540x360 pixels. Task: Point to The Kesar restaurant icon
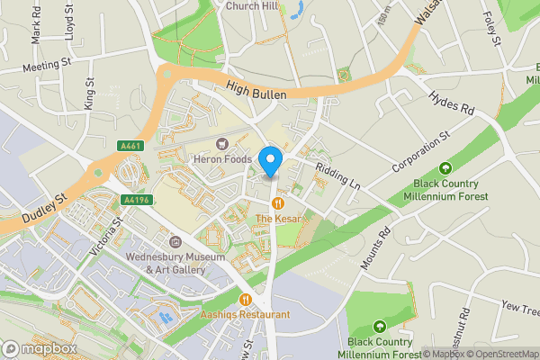279,204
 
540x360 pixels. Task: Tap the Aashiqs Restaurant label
246,315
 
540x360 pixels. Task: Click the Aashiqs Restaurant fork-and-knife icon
245,300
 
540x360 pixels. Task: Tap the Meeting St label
48,65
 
